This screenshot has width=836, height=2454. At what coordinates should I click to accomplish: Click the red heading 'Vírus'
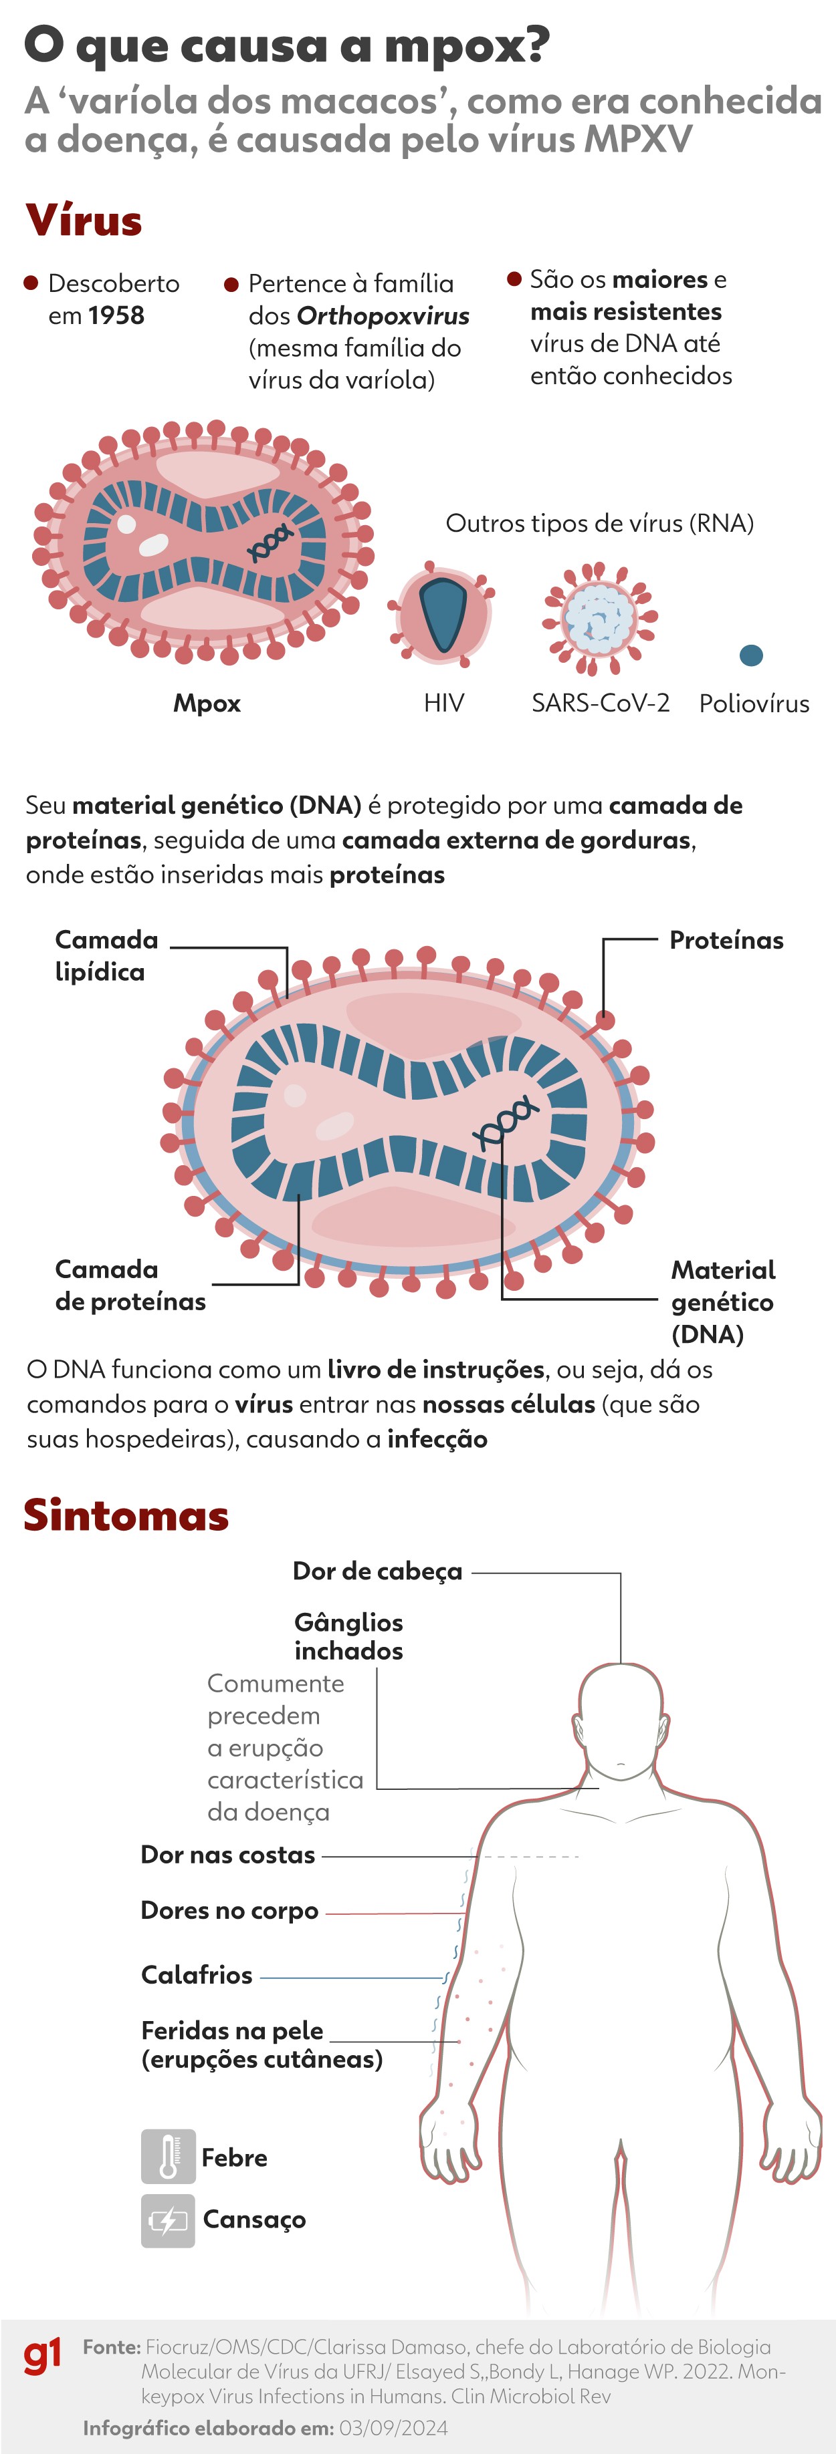point(84,221)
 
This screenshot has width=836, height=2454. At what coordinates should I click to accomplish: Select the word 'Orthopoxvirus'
point(383,316)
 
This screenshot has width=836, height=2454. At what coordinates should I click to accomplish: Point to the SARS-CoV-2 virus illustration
point(600,619)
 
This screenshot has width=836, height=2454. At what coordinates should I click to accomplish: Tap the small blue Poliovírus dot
point(751,655)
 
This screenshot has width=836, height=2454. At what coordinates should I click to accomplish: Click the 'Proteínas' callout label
point(726,940)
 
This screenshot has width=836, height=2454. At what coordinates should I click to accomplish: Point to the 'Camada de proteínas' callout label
point(130,1285)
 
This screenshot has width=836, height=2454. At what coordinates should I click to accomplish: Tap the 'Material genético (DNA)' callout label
point(722,1301)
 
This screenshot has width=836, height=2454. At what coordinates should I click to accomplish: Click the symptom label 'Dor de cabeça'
point(377,1571)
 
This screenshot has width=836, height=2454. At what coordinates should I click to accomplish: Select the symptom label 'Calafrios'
point(197,1975)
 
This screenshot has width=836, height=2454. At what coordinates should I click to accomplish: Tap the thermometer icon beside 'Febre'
point(168,2157)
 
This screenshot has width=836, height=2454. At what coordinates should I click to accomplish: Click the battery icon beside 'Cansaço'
point(168,2221)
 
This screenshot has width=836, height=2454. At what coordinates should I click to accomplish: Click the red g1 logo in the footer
point(42,2356)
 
